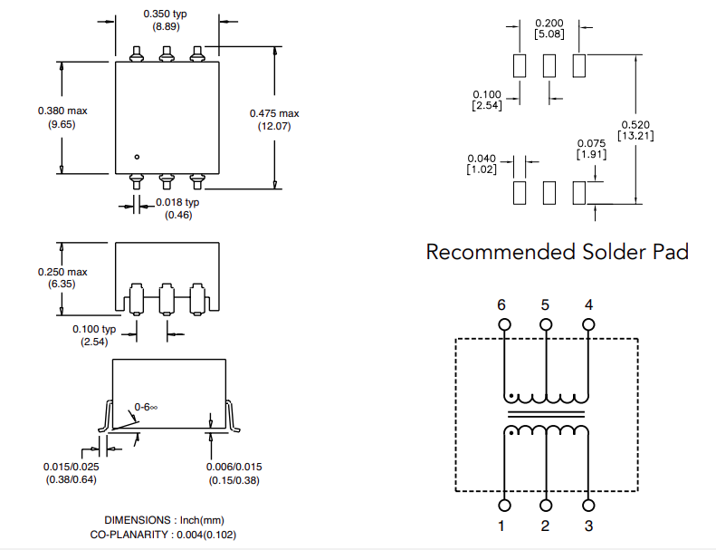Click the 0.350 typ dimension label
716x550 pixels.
[165, 14]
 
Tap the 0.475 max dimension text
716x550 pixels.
[273, 113]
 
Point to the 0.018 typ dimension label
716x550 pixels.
[177, 202]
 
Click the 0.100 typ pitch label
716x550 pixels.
[95, 329]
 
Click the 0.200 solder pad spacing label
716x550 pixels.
[549, 24]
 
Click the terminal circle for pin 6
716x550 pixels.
[503, 325]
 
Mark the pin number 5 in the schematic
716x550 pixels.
[545, 304]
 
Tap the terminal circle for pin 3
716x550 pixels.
[588, 505]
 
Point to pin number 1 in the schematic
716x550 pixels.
[503, 526]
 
